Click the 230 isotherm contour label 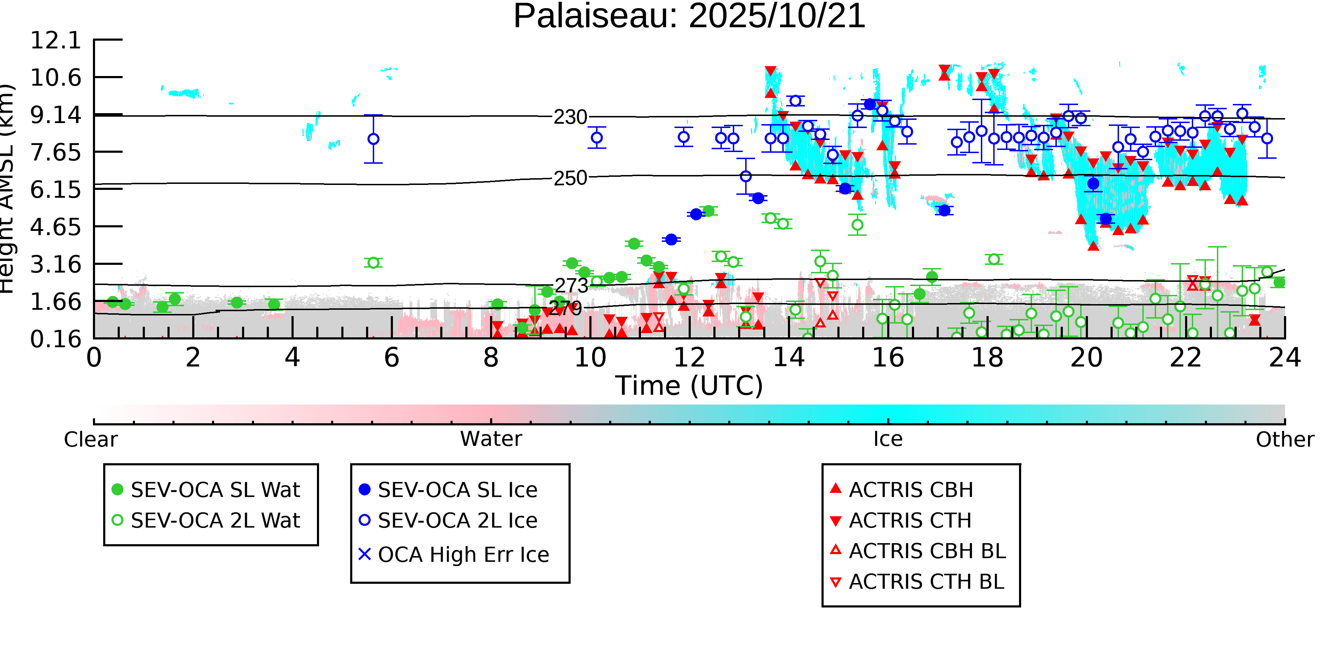[570, 117]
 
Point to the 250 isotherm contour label [570, 178]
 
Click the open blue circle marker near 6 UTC [373, 139]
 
